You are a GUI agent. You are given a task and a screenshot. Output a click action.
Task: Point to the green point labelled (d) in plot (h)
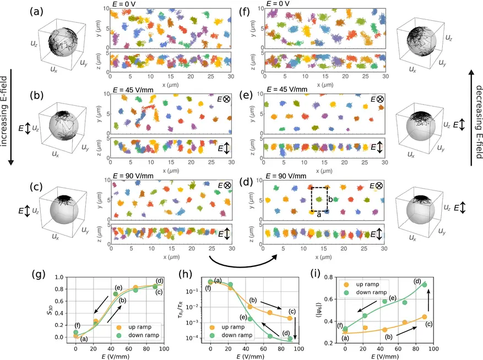290,339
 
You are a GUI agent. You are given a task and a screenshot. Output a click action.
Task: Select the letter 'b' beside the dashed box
330,198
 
